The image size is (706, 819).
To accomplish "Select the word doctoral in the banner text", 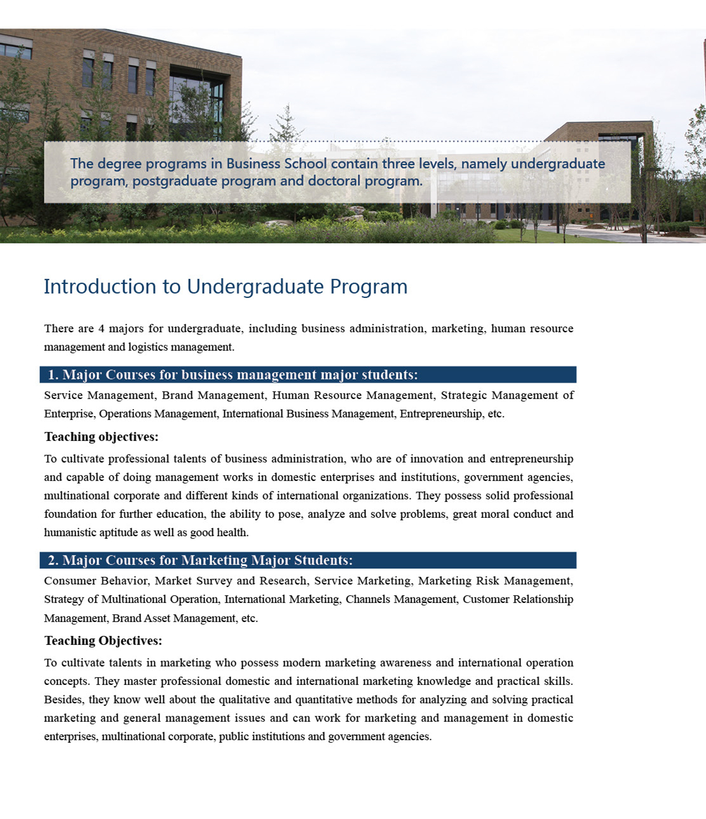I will [x=332, y=181].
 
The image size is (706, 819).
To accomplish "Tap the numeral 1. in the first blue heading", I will [x=53, y=375].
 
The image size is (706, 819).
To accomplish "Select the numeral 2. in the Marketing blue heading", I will [x=53, y=560].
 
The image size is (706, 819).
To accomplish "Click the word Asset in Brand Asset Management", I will [x=156, y=618].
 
